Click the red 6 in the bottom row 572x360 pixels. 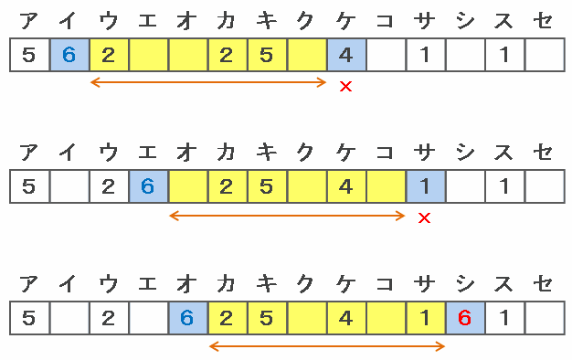click(464, 318)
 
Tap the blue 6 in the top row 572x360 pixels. click(69, 55)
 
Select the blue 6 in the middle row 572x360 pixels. click(148, 186)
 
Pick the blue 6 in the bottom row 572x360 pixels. click(186, 318)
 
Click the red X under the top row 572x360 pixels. click(345, 87)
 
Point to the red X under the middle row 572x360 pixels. click(425, 218)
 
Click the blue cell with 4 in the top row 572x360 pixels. click(346, 55)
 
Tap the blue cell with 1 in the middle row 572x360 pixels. click(426, 186)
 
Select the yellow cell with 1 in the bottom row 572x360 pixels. click(426, 318)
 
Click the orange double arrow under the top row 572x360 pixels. click(208, 82)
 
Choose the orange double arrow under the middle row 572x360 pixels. click(287, 216)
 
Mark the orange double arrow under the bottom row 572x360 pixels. click(327, 346)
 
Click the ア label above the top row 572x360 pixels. click(29, 21)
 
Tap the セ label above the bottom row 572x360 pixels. click(543, 284)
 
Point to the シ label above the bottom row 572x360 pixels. click(465, 284)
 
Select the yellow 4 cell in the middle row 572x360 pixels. click(346, 186)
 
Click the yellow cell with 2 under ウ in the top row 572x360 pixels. click(109, 55)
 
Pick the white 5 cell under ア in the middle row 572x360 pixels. click(29, 186)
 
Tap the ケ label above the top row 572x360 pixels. click(345, 21)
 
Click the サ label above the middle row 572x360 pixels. click(425, 153)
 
